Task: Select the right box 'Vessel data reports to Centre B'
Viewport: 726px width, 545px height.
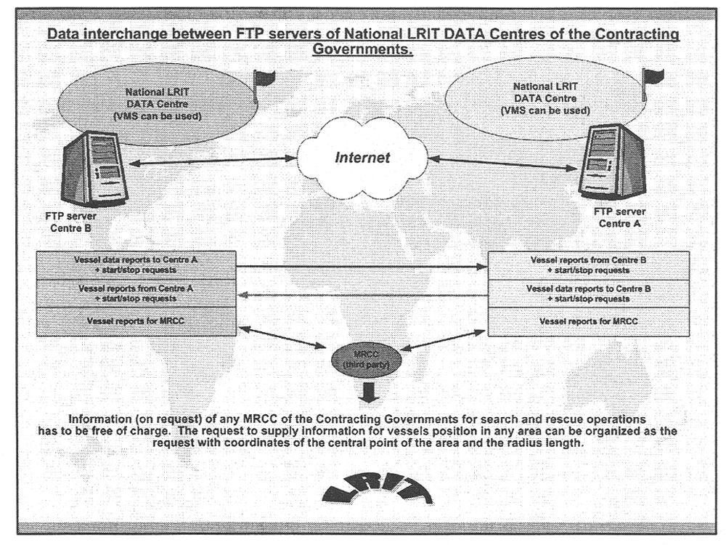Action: point(589,292)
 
